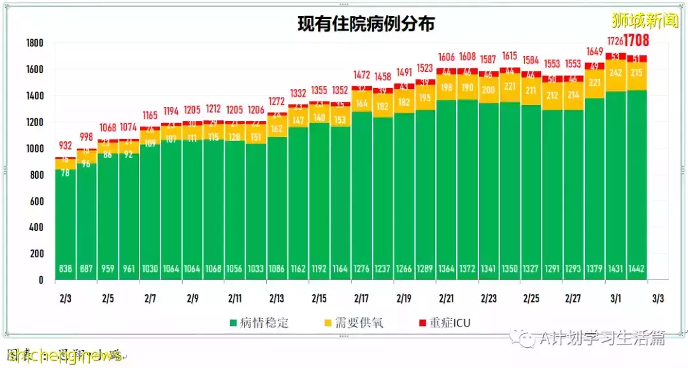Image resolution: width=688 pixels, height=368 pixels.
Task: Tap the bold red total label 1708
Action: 636,41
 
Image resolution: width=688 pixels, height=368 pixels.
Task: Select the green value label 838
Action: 65,269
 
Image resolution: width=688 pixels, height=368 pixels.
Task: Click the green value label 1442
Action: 636,269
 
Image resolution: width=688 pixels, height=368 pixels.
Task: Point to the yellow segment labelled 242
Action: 615,73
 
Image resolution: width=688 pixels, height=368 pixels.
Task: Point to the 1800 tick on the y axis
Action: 34,43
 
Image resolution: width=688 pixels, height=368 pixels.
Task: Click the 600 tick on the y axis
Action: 36,201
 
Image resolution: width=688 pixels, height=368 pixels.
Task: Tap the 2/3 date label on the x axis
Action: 65,298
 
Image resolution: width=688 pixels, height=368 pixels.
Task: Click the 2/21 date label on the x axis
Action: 447,298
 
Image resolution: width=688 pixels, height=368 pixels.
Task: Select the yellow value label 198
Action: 447,87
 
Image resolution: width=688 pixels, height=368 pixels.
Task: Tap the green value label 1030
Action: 150,269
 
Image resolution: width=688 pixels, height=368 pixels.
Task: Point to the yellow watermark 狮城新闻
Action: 645,21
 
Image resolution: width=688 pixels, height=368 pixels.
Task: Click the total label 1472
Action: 362,75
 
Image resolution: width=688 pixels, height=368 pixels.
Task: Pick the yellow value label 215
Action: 636,73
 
